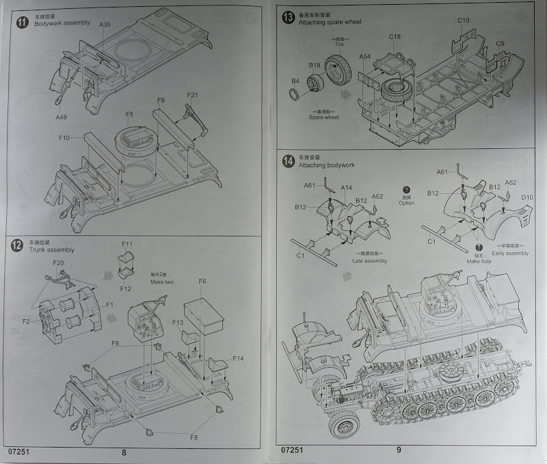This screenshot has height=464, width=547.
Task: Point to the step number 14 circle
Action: click(x=288, y=161)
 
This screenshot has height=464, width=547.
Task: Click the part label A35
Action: click(x=105, y=25)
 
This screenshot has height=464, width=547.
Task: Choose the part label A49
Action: click(x=62, y=118)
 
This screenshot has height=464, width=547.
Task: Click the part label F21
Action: click(x=192, y=95)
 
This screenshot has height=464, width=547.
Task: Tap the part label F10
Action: click(x=64, y=137)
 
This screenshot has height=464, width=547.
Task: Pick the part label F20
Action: click(x=58, y=263)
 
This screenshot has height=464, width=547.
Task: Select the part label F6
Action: click(x=202, y=281)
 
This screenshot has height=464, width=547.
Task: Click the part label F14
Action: click(x=238, y=359)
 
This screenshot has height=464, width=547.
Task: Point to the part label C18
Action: click(x=395, y=36)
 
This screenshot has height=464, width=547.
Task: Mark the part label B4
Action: click(x=295, y=81)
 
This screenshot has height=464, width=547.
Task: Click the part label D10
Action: click(x=527, y=197)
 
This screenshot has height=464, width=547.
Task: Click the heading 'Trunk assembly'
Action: click(x=51, y=250)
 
